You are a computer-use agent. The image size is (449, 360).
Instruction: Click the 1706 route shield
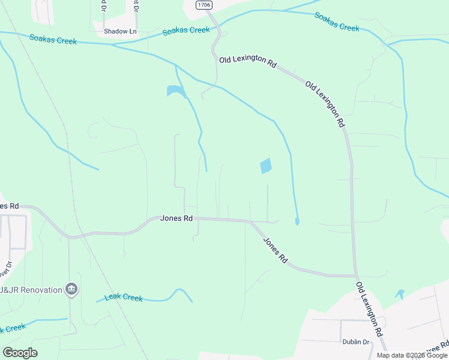pos(203,5)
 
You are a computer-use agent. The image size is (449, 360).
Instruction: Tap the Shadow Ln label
pos(120,31)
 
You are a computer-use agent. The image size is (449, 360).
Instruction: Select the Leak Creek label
pos(124,297)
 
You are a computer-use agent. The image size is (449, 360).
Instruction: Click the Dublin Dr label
pos(356,342)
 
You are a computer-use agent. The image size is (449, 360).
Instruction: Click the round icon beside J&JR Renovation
pos(71,290)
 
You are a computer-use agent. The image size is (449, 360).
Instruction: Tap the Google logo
pos(20,353)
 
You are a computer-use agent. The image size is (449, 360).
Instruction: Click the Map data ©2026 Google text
pos(412,355)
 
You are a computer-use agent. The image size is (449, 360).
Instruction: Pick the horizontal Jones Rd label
pos(176,218)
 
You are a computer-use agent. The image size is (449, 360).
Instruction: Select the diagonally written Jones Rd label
pos(275,250)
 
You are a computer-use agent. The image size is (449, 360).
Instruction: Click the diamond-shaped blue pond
pos(265,166)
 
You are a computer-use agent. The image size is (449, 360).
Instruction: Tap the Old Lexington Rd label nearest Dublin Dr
pos(369,308)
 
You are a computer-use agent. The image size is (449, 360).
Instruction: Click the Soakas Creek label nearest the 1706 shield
pos(187,31)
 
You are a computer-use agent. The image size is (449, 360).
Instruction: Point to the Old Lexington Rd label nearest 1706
pos(247,61)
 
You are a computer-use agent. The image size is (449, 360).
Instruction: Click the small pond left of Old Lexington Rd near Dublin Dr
pos(400,294)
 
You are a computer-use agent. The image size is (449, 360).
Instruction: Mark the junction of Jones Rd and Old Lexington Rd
pos(355,276)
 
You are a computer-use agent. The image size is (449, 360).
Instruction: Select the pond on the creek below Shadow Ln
pos(175,91)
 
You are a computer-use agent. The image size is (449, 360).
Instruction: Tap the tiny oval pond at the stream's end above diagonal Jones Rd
pos(297,222)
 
